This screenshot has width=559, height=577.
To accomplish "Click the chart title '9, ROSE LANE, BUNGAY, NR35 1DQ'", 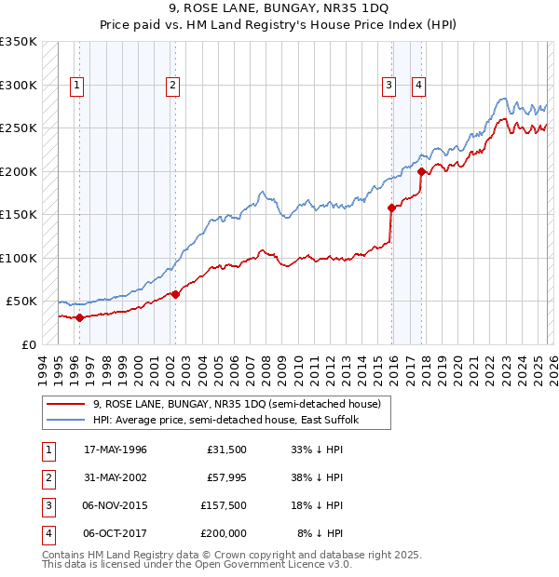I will (279, 10).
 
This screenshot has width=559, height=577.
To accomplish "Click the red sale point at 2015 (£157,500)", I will (391, 208).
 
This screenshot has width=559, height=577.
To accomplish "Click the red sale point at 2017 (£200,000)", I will (422, 171).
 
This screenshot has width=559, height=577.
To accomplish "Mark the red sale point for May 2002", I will (175, 294).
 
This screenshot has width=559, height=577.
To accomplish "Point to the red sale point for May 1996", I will (79, 317).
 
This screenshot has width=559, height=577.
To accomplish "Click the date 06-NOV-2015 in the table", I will (115, 506).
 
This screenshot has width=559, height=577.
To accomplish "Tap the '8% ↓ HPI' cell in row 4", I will (320, 534).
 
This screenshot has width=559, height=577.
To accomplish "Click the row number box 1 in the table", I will (48, 450).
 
